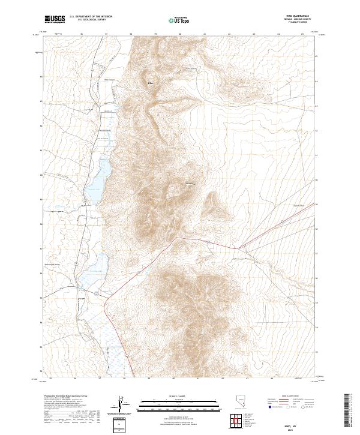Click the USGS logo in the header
tap(56, 19)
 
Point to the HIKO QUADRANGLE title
tap(277, 17)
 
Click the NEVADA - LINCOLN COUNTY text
tap(277, 20)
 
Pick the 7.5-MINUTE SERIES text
tap(277, 24)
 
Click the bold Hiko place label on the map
tap(151, 82)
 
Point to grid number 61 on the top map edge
tap(205, 34)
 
